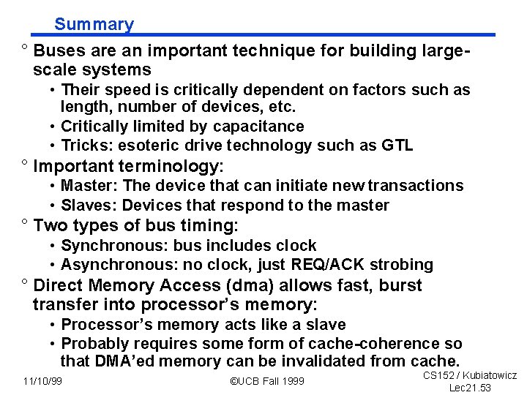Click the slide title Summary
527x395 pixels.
[x=94, y=24]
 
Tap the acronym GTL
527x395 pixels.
[x=397, y=145]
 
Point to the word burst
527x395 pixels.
[x=400, y=285]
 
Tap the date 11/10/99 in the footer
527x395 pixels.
[x=42, y=380]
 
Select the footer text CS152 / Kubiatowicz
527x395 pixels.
[x=470, y=375]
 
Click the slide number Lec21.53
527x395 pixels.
[x=470, y=387]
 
